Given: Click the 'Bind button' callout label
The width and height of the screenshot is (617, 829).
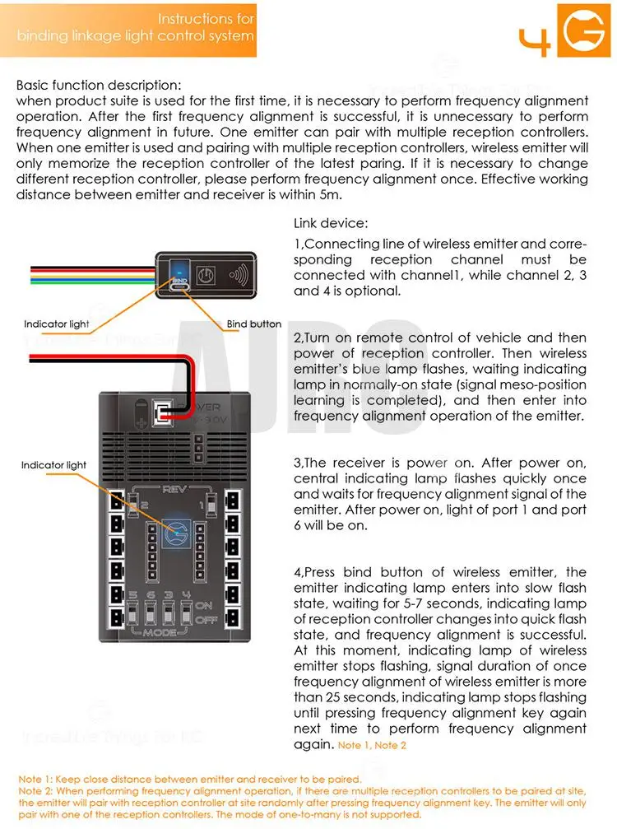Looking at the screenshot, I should point(254,324).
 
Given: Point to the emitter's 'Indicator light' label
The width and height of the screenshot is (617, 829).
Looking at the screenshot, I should point(57,324).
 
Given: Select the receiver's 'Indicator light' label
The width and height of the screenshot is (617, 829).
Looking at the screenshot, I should point(53,465).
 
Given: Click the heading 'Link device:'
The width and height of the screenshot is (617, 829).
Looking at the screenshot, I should point(332,224).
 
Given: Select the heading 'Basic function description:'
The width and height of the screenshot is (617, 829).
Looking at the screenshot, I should point(99,86).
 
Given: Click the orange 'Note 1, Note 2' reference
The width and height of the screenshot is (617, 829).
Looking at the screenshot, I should point(373,745).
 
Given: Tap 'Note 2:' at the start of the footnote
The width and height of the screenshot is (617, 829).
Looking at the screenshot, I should point(35,790).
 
